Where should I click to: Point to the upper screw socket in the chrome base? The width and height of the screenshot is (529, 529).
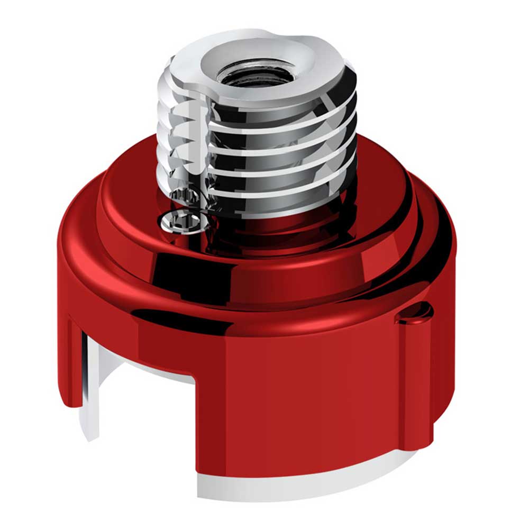(186, 197)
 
